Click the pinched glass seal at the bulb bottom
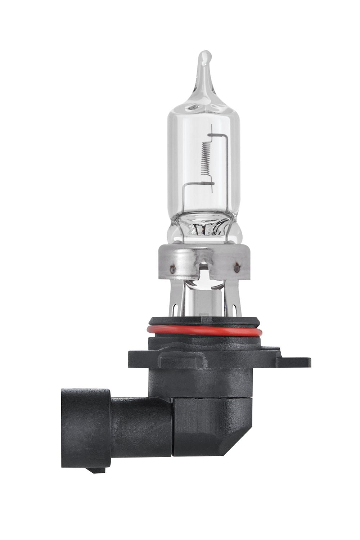[x=204, y=227]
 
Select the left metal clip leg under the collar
[x=176, y=299]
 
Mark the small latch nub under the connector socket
[x=96, y=470]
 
